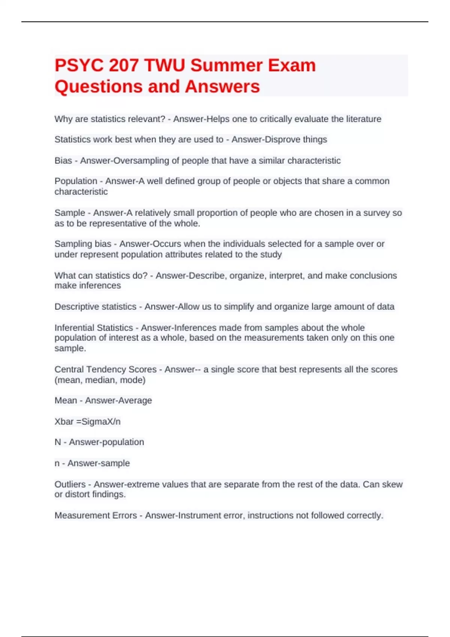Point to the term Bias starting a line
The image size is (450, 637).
[63, 160]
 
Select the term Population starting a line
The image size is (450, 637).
[76, 181]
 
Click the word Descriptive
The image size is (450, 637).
[76, 307]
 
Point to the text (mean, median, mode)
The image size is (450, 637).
[100, 380]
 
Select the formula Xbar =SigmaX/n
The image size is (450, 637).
[87, 422]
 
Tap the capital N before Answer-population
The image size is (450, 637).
[58, 442]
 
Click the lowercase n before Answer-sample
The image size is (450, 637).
[57, 464]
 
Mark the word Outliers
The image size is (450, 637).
[70, 484]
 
